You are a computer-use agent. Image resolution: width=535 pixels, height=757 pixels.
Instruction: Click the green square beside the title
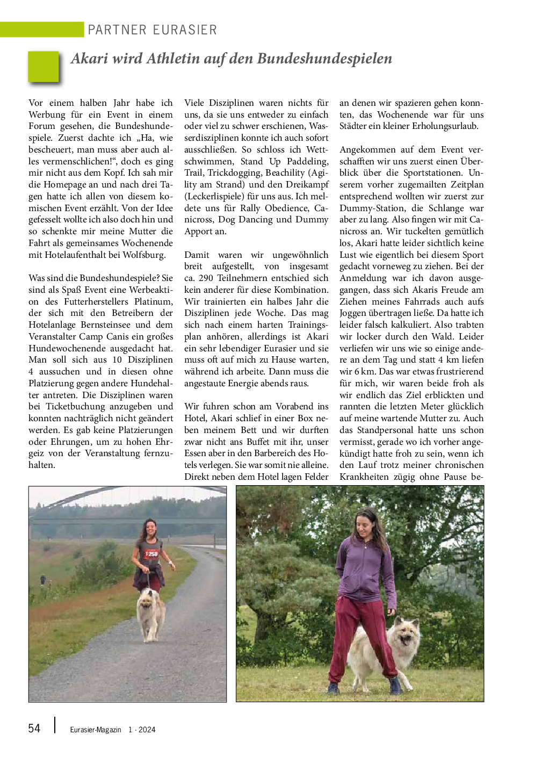coord(44,67)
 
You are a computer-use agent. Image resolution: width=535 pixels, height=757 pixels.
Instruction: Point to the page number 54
coord(34,729)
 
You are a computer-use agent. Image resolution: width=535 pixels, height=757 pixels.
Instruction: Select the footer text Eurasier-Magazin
coord(96,730)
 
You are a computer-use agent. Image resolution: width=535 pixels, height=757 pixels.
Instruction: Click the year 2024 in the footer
coord(147,730)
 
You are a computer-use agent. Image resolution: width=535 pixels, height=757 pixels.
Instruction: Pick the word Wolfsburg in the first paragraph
coord(143,255)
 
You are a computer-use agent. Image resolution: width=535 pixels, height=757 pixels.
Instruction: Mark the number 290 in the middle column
coord(206,278)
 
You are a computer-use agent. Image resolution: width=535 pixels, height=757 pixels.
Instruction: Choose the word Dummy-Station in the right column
coord(372,208)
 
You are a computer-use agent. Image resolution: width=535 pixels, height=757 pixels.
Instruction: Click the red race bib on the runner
coord(151,554)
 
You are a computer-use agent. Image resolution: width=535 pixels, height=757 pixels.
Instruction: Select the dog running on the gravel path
coord(151,612)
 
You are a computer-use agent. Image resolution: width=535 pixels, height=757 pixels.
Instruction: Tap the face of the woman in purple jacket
coord(366,523)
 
